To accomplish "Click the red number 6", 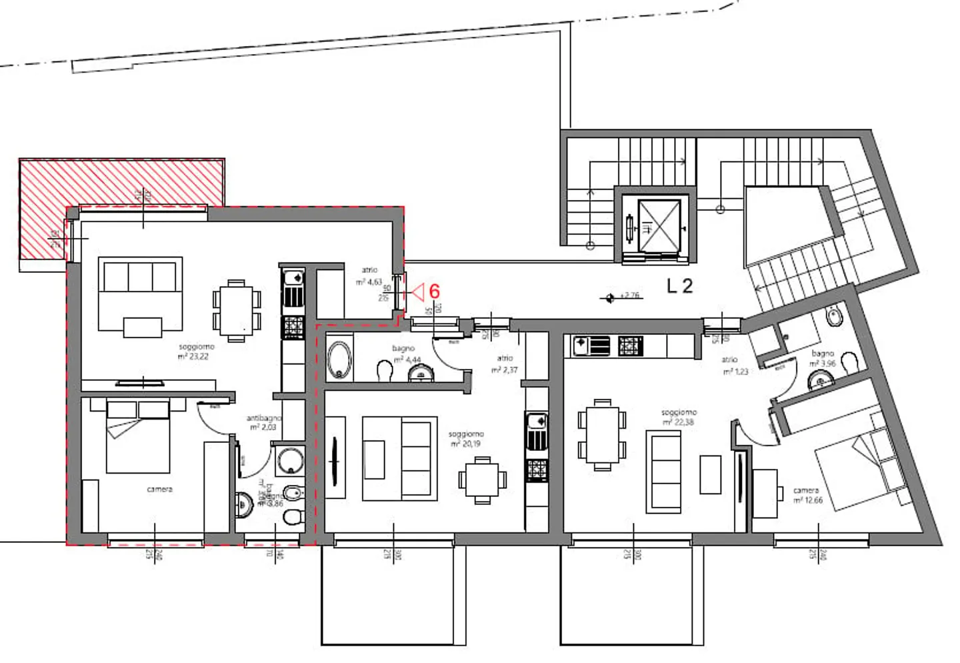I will (x=435, y=291).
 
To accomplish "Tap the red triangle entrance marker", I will (x=418, y=291).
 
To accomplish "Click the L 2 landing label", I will (x=680, y=286).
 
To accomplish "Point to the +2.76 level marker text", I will (x=630, y=295).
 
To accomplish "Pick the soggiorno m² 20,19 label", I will (x=467, y=439).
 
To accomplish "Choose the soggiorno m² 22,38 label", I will (x=679, y=417).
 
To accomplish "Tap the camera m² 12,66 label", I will (x=807, y=496).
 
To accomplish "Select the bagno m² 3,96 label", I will (x=823, y=358).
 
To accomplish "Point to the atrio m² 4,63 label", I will (x=369, y=276).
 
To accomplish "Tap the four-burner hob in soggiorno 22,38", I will (x=631, y=346).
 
